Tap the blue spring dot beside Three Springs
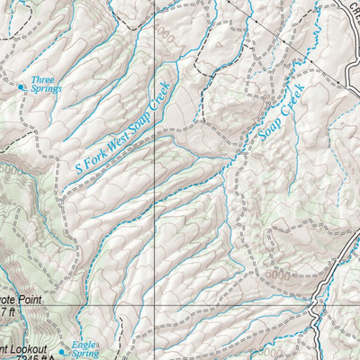point(22,87)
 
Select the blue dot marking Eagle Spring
point(62,352)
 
